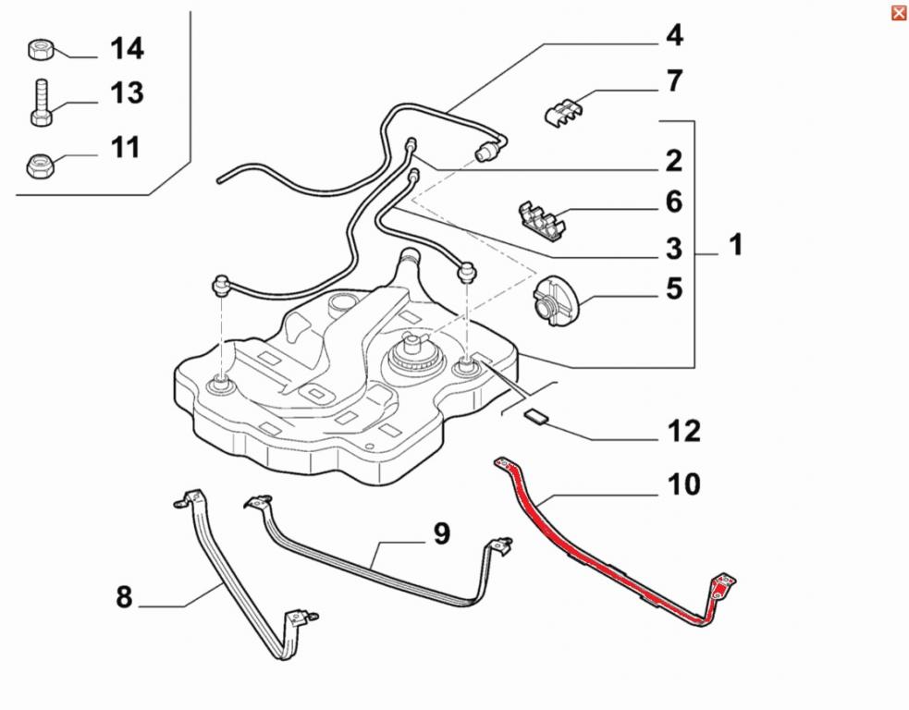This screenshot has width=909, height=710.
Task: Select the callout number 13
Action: (x=127, y=92)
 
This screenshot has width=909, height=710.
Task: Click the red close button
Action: (x=898, y=12)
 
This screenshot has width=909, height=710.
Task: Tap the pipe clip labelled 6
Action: (x=540, y=218)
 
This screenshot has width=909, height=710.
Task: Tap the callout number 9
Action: (x=440, y=533)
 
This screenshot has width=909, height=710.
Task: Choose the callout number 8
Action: (x=124, y=597)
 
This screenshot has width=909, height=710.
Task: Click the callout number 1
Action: (x=736, y=245)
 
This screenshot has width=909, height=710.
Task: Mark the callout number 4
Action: (x=674, y=35)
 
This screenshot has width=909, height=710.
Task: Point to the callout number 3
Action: (x=674, y=249)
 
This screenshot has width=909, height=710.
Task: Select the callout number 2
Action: (x=674, y=161)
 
